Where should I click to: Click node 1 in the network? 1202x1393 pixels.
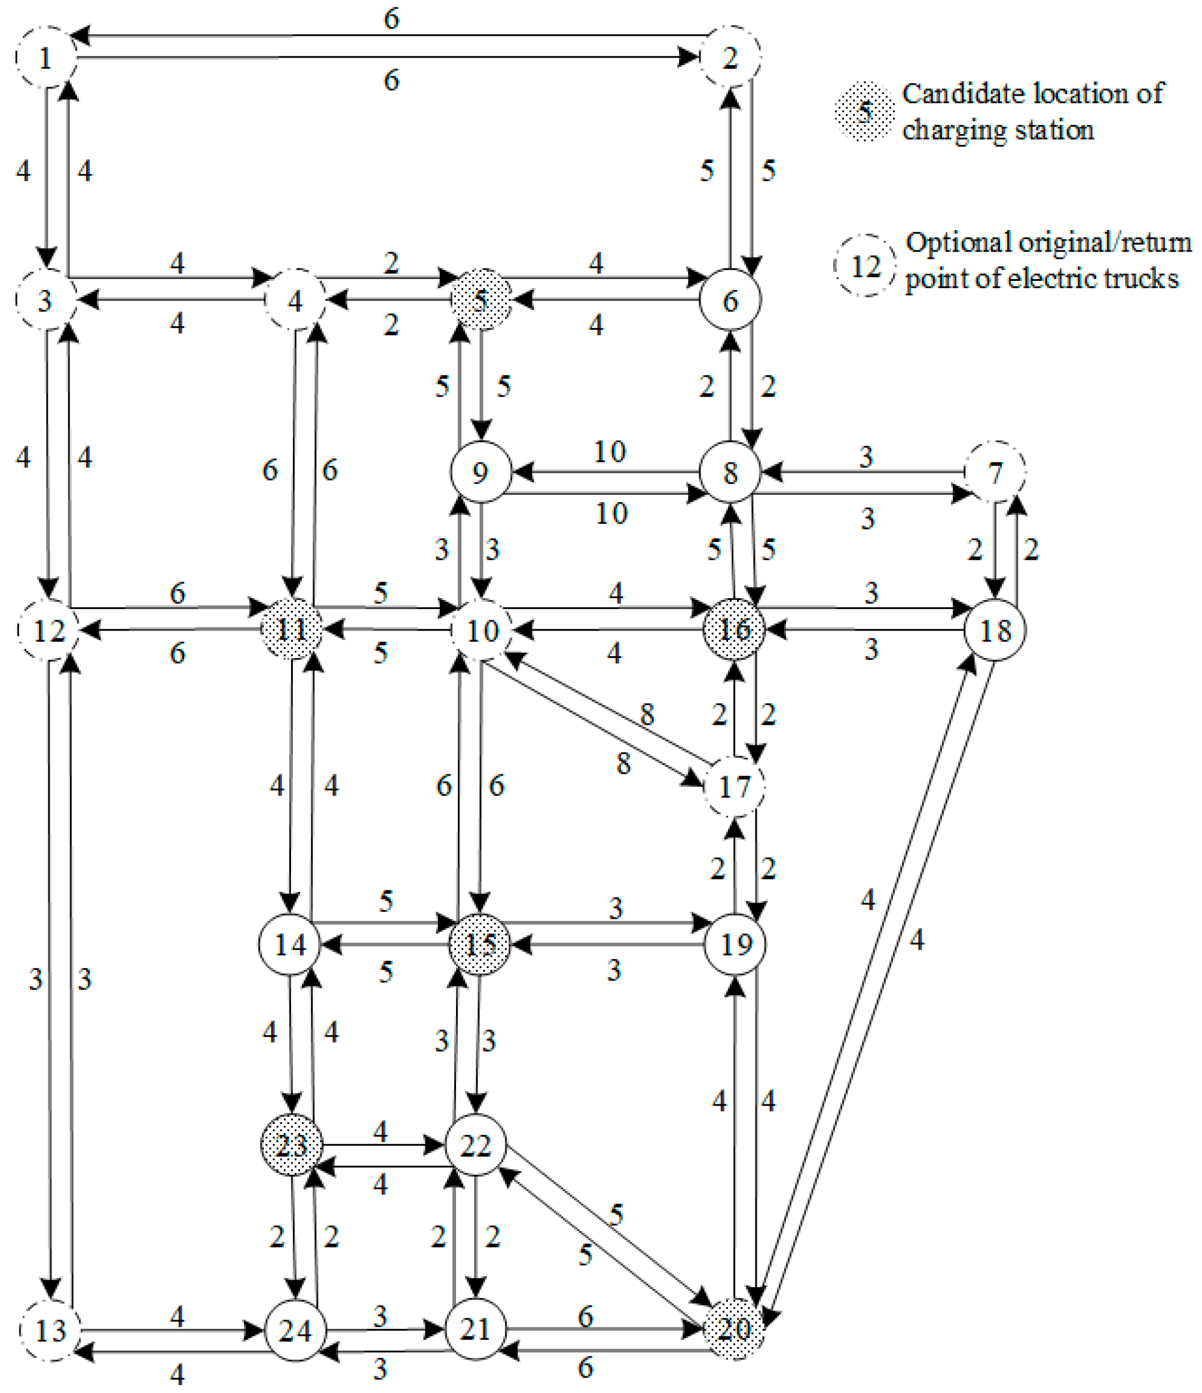coord(45,58)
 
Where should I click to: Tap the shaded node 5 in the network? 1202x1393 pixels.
coord(480,300)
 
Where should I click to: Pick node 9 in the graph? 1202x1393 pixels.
coord(480,472)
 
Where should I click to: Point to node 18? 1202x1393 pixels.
coord(995,629)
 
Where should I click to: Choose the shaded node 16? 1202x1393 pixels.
coord(734,629)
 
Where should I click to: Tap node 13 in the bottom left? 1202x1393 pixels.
coord(50,1330)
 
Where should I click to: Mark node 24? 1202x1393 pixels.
coord(295,1330)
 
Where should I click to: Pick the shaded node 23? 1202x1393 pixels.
coord(291,1144)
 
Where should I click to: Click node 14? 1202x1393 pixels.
coord(290,945)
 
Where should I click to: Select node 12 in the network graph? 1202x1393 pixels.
coord(48,630)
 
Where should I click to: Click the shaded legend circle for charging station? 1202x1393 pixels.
coord(864,111)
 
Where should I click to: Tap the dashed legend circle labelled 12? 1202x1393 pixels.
coord(864,265)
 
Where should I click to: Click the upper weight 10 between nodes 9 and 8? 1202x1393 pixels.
coord(609,451)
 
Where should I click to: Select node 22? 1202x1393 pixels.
coord(475,1145)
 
